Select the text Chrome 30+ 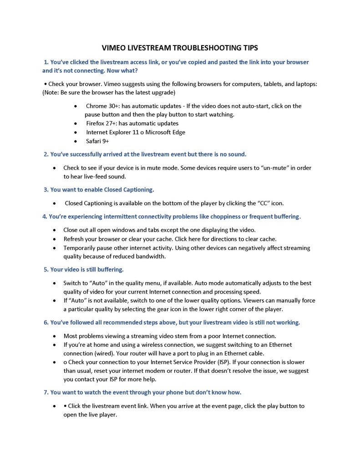pyautogui.click(x=101, y=106)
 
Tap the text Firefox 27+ pyautogui.click(x=101, y=123)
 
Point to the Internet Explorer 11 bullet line pyautogui.click(x=136, y=132)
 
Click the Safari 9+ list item pyautogui.click(x=97, y=141)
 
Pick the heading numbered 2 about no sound pyautogui.click(x=145, y=154)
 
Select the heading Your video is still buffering pyautogui.click(x=84, y=269)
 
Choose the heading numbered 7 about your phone pyautogui.click(x=142, y=392)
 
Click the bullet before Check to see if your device pyautogui.click(x=55, y=168)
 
